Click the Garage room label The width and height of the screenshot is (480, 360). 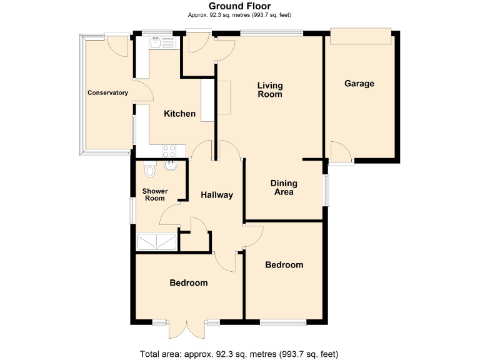(x=359, y=84)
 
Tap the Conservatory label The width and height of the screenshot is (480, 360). (x=107, y=93)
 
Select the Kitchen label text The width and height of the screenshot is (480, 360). (x=179, y=114)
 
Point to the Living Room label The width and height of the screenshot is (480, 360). (x=271, y=90)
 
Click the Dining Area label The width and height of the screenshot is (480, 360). (x=284, y=188)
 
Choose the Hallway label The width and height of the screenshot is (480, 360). (x=217, y=195)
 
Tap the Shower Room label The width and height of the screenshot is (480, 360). (x=154, y=194)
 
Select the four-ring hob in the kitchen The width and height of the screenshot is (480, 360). (x=169, y=150)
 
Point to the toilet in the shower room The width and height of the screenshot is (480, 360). (x=149, y=169)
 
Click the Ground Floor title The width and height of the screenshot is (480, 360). (x=239, y=6)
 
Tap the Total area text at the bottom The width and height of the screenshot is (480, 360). (x=239, y=354)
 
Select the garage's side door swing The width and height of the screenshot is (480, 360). (x=341, y=152)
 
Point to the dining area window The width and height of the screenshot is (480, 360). (x=324, y=189)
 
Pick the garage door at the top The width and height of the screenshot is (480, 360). (x=361, y=36)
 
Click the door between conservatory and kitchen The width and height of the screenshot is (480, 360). (x=143, y=91)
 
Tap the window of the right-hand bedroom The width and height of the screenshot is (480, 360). (x=283, y=322)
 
